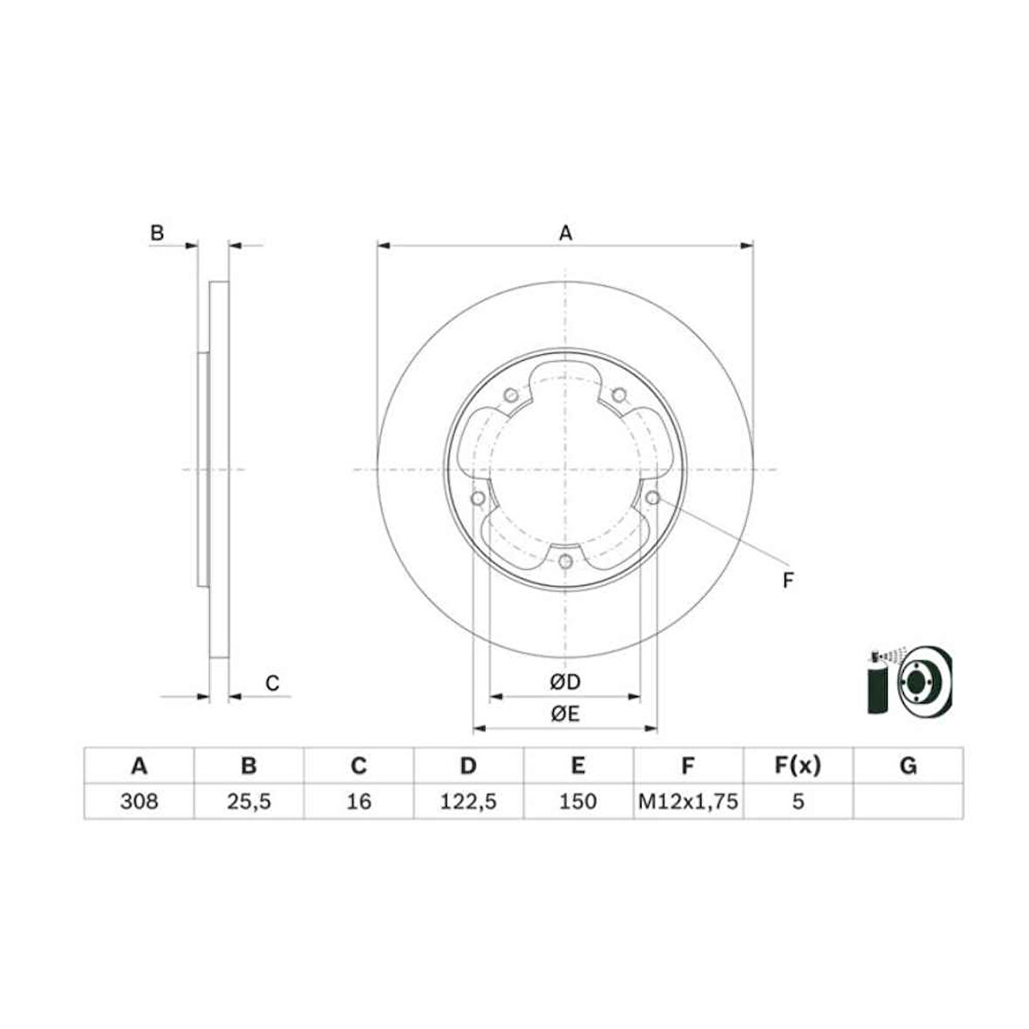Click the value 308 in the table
140,801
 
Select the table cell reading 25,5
249,801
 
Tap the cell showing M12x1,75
688,801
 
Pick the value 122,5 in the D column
468,801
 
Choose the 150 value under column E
577,801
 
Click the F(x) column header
797,766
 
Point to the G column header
909,766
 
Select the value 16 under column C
358,801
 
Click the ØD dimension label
565,683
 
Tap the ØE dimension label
565,713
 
